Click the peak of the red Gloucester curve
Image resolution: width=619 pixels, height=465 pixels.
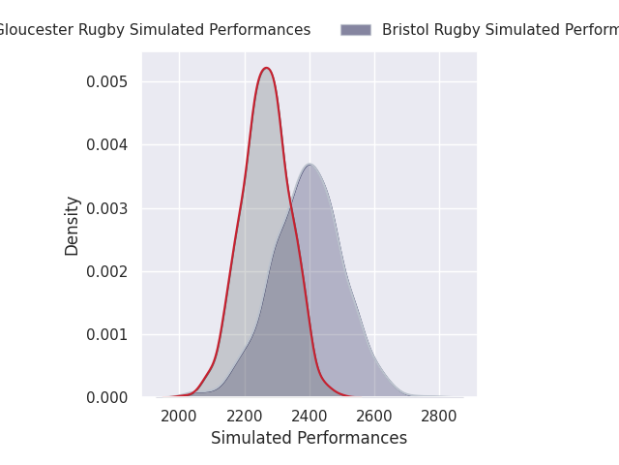[x=266, y=68]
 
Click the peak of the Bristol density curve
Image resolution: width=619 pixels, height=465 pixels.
[x=309, y=165]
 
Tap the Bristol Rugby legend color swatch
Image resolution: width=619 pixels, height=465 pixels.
[x=355, y=30]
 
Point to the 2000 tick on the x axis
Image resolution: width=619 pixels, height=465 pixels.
[x=179, y=417]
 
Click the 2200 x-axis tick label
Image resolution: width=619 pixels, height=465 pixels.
[x=244, y=417]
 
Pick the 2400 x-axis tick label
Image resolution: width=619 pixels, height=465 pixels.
[x=309, y=417]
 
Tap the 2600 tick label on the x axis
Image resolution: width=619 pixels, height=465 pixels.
[x=374, y=417]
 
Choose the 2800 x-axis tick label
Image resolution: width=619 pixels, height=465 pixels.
[x=439, y=417]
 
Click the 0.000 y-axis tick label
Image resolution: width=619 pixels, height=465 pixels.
[x=106, y=397]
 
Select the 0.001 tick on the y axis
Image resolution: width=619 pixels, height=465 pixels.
[x=106, y=334]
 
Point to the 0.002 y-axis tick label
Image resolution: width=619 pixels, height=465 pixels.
[x=106, y=271]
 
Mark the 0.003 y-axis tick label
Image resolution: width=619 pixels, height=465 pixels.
[x=106, y=208]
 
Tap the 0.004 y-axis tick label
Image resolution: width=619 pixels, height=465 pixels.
[x=106, y=145]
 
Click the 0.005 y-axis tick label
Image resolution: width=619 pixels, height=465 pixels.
[x=106, y=82]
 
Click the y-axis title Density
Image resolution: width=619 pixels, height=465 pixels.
[x=73, y=226]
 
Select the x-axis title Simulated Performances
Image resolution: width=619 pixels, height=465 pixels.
[x=309, y=438]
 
